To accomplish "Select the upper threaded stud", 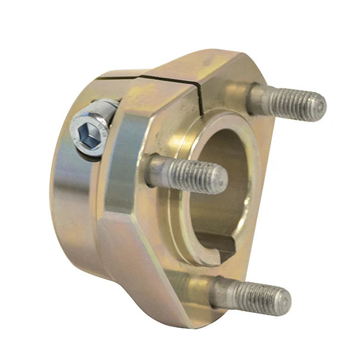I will [x=286, y=102].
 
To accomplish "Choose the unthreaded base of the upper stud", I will [x=256, y=98].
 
